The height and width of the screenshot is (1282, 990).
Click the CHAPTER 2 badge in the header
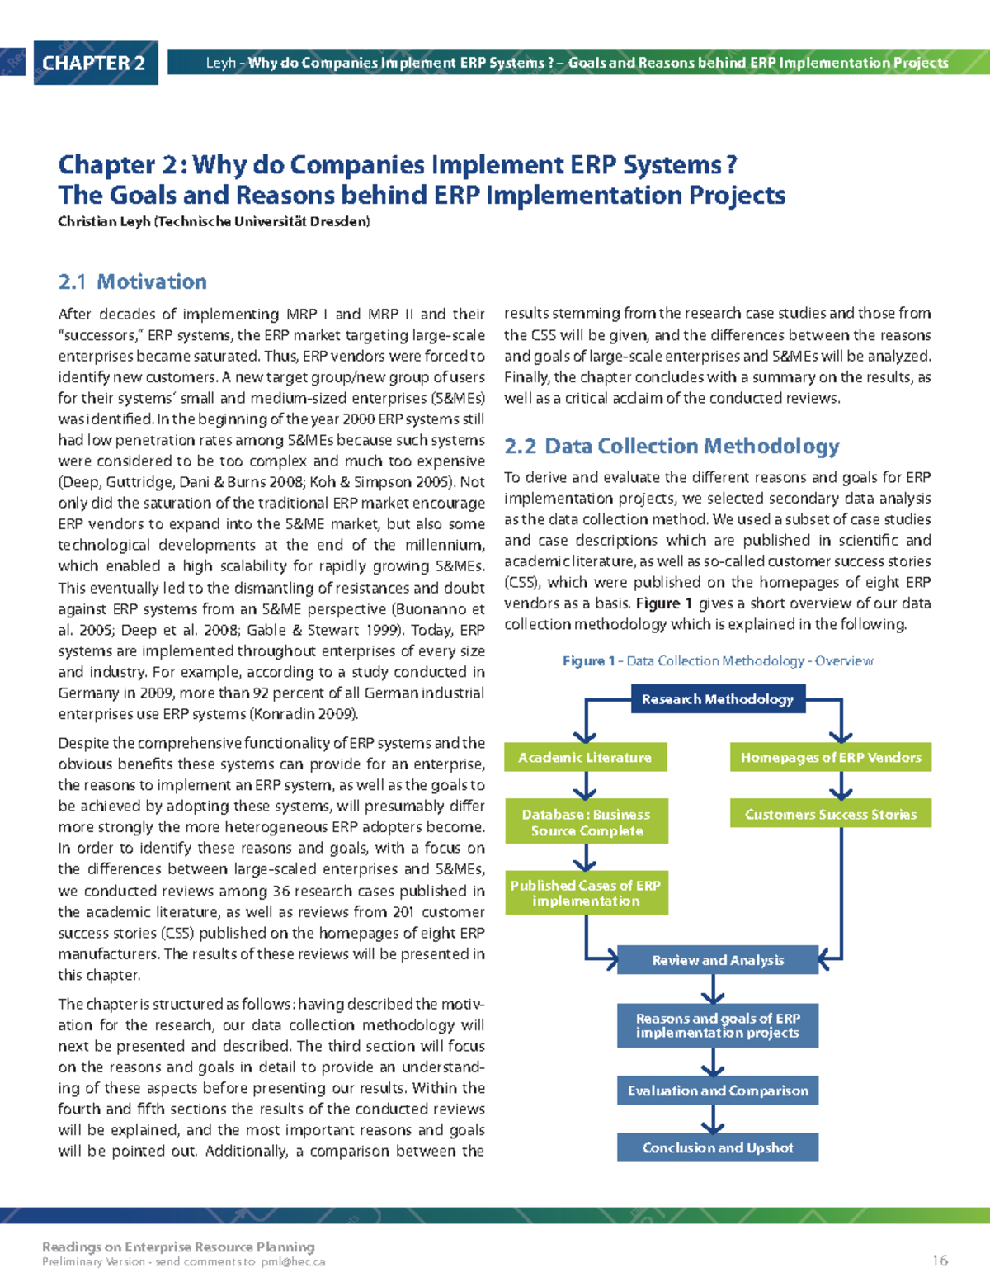(x=94, y=63)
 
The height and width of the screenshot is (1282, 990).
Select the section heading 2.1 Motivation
(x=132, y=281)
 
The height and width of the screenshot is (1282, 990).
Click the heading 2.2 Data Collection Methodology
(x=672, y=447)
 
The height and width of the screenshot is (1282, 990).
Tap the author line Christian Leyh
(x=214, y=221)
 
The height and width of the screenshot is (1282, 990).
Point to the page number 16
(x=940, y=1261)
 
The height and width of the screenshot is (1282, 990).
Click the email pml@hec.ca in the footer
(x=293, y=1262)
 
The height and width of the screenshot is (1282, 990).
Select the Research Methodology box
(x=717, y=699)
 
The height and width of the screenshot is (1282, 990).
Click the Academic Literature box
(x=585, y=757)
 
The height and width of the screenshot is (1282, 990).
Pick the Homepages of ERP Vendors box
(x=830, y=757)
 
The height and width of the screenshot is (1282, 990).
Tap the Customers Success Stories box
(x=830, y=814)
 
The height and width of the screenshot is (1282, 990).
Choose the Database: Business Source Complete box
(x=585, y=822)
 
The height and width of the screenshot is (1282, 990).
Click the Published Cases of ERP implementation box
(x=585, y=892)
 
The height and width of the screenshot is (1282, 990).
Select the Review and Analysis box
(x=717, y=960)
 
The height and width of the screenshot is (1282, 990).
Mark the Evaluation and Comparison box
(x=717, y=1090)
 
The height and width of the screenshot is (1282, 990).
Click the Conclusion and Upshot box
(x=717, y=1147)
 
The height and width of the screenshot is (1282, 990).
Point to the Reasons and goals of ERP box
(x=717, y=1025)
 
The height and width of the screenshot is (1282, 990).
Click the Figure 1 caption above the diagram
(x=717, y=661)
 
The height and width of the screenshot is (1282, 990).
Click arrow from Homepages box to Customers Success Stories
(x=841, y=786)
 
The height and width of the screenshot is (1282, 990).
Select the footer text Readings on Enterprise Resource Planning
(x=178, y=1247)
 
